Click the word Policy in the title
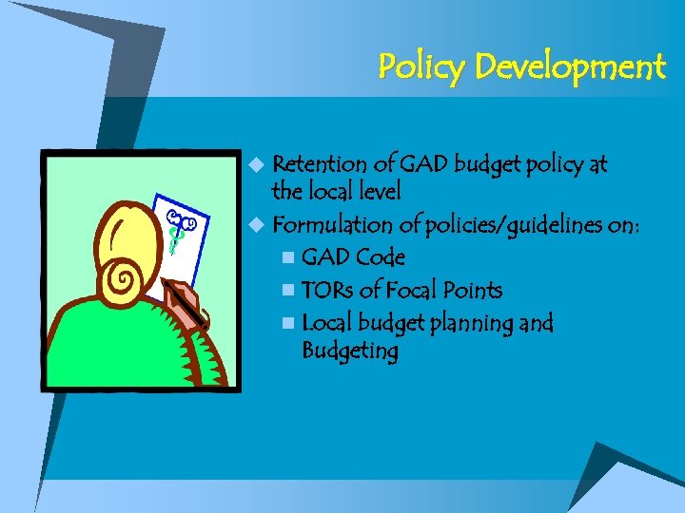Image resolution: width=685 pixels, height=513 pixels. pos(420,66)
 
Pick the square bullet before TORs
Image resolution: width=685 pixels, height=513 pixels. pos(288,291)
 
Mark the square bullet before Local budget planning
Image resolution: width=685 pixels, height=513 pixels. pos(288,324)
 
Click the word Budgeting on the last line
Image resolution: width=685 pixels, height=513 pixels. pos(349,351)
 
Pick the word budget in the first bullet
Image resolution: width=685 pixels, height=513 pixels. pos(487,164)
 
